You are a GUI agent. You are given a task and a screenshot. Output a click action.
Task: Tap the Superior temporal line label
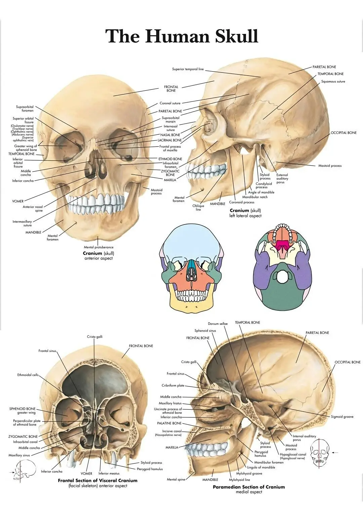188,69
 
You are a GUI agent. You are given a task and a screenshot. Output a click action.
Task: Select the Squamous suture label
333,81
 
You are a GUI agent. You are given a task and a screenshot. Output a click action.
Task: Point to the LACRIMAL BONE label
170,140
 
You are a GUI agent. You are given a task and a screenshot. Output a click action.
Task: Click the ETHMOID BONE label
170,159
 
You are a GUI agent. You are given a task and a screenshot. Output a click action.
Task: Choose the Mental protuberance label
98,247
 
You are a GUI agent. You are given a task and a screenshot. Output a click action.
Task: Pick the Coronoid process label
242,202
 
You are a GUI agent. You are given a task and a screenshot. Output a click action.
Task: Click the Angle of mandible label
261,192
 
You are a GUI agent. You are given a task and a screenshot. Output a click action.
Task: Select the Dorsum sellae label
218,324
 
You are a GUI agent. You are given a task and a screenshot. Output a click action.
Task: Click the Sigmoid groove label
342,417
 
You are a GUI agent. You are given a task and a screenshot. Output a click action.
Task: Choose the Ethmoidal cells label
28,375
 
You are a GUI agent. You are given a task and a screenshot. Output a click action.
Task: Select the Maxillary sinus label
19,455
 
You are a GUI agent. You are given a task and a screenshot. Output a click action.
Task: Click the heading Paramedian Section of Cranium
248,487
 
